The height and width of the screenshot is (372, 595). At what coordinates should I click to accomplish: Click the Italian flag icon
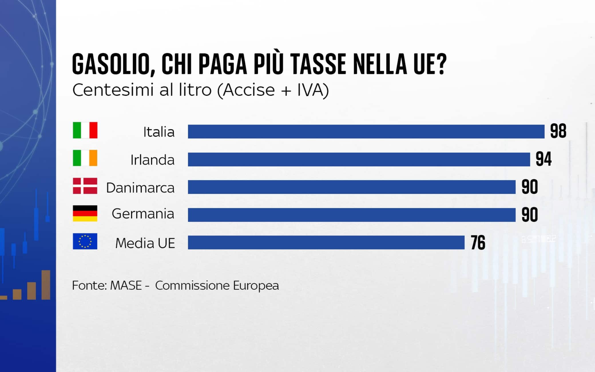click(x=85, y=130)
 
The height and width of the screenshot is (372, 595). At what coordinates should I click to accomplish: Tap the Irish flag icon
click(x=85, y=158)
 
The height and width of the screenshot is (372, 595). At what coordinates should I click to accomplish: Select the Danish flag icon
click(x=85, y=186)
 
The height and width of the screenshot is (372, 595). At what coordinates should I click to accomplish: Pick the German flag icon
click(x=85, y=213)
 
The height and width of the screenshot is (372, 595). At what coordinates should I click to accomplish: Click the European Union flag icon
click(x=85, y=241)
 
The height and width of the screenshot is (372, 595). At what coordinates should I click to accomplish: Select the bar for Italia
click(x=366, y=131)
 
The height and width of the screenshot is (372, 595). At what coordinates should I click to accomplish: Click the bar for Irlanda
click(x=359, y=159)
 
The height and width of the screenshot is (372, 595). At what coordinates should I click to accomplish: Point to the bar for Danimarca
click(x=352, y=187)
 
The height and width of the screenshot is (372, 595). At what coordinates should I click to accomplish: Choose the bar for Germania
click(x=352, y=215)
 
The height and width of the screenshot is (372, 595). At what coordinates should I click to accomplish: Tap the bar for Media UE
click(x=326, y=243)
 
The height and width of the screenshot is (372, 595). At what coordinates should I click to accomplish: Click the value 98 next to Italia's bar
click(x=558, y=131)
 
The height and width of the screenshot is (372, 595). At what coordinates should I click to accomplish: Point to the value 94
click(x=544, y=159)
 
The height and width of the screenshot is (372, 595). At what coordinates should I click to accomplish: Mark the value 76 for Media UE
click(x=478, y=243)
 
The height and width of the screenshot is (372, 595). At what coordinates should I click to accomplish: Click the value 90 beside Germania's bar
click(x=529, y=215)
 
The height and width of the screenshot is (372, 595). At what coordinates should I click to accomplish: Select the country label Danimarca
click(x=140, y=188)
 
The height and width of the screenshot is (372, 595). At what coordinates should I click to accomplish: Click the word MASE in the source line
click(x=126, y=285)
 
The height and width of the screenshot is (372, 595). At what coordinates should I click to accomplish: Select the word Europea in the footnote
click(x=256, y=285)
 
